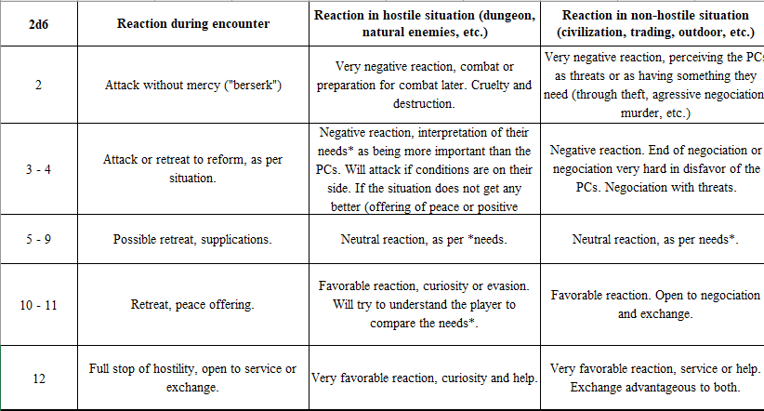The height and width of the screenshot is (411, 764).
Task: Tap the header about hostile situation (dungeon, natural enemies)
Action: [426, 23]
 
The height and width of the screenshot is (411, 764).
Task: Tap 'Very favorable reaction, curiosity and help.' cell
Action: [426, 378]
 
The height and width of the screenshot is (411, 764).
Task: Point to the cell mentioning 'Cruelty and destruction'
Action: [426, 84]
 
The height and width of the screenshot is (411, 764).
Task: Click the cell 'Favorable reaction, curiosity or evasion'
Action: [426, 303]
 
